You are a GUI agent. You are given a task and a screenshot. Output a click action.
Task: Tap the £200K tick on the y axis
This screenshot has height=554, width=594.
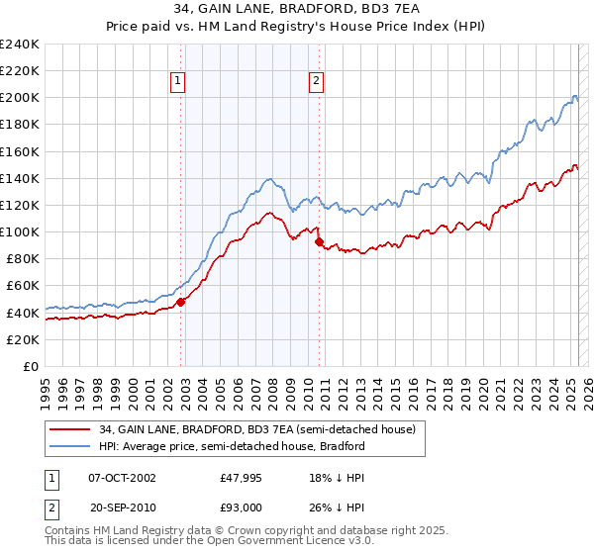20,98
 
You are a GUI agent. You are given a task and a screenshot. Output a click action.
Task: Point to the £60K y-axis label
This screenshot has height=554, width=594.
22,286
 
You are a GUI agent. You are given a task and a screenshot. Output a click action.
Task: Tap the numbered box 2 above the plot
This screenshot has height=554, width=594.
316,82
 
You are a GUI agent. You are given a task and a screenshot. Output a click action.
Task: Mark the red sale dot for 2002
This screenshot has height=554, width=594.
181,302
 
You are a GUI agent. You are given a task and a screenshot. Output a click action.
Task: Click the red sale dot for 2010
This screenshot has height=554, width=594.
319,241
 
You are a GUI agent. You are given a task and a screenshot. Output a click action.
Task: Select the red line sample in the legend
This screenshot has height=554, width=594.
70,428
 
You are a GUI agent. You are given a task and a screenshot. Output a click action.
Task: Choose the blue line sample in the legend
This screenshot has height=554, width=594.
70,446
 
